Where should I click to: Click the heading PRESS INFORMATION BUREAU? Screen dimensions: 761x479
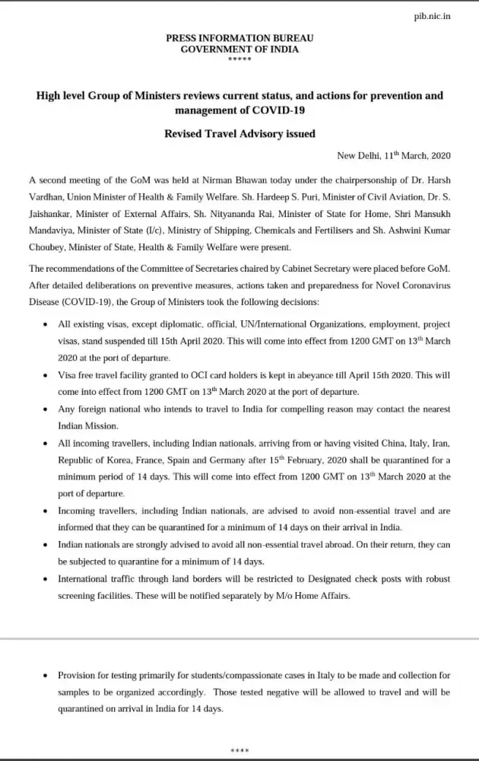239,37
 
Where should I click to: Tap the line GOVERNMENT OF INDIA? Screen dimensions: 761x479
239,49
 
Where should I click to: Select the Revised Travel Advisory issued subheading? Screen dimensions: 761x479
239,133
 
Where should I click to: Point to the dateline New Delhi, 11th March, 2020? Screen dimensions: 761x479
394,155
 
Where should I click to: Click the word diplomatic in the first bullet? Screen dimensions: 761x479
168,323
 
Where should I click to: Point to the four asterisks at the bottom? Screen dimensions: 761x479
239,752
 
